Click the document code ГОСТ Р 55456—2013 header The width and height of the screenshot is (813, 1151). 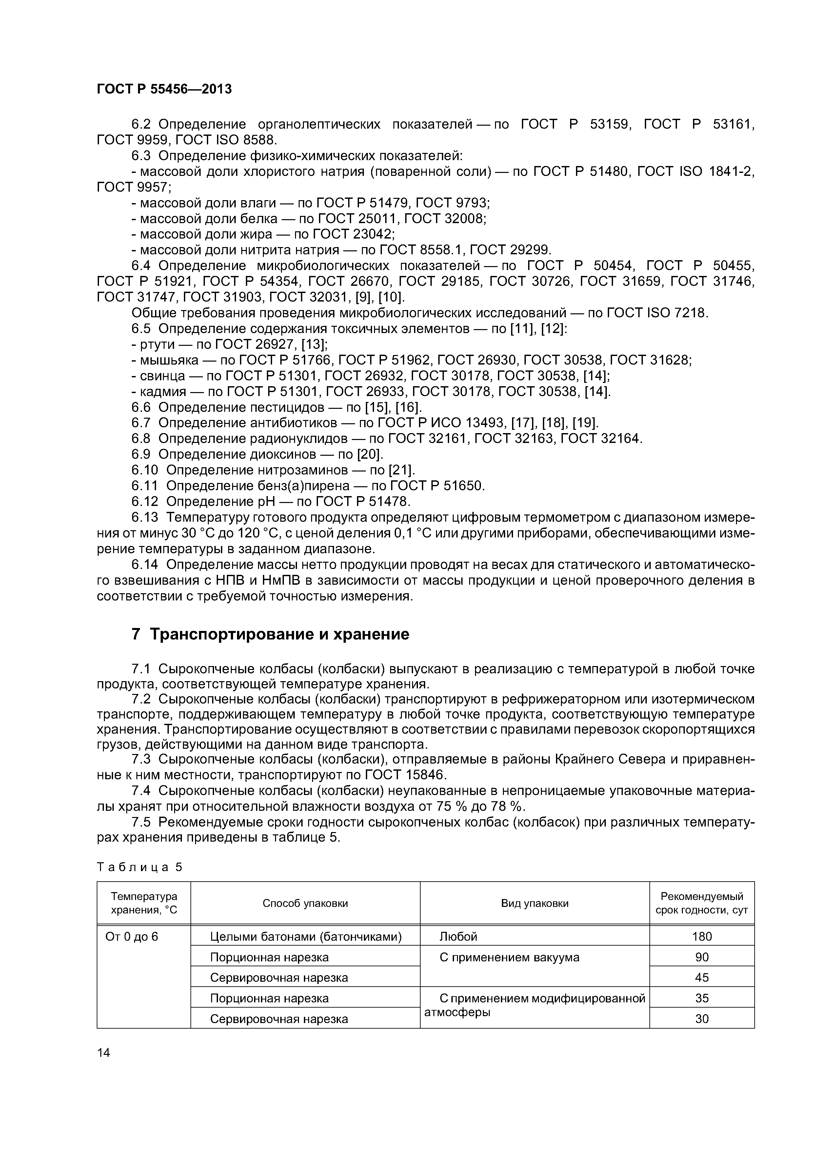(x=164, y=89)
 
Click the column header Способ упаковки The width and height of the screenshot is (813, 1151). (x=305, y=903)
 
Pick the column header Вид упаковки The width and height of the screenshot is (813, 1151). (x=534, y=903)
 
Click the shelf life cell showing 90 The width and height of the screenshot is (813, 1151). (x=702, y=957)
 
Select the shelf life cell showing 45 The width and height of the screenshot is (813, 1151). (x=702, y=977)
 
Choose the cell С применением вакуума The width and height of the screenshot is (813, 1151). (x=509, y=957)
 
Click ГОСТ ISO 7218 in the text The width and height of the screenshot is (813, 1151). (x=657, y=313)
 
